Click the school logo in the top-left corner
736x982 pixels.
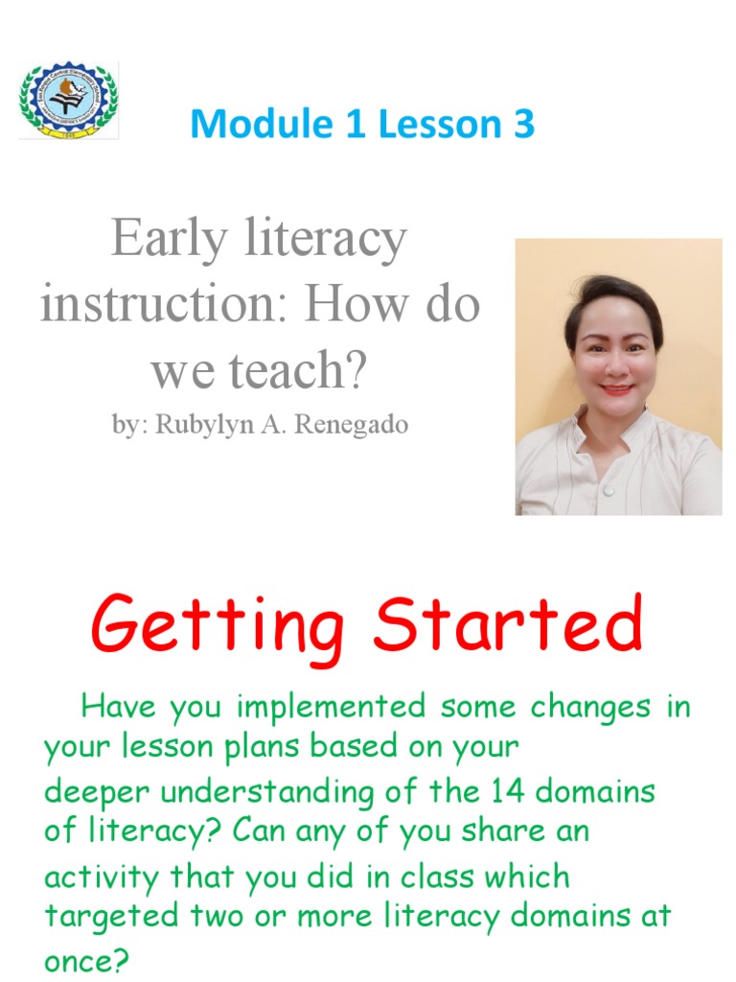68,101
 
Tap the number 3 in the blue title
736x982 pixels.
522,125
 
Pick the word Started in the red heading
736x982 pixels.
508,625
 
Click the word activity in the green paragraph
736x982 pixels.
103,876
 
